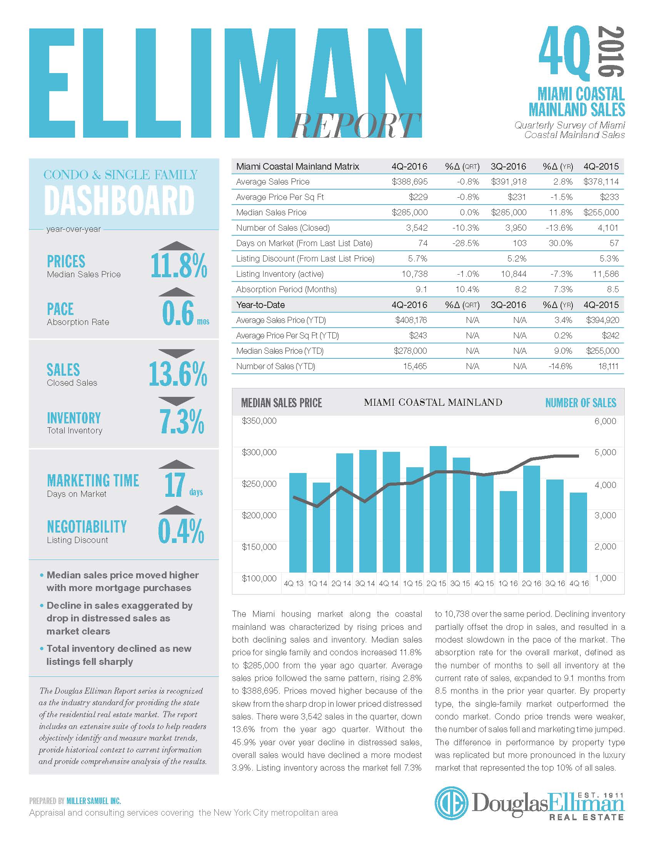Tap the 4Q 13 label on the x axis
tap(293, 583)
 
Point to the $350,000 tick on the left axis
tap(259, 421)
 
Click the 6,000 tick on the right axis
tap(605, 421)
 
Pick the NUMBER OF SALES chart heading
tap(581, 403)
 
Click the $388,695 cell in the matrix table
tap(410, 182)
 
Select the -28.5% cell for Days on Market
tap(465, 243)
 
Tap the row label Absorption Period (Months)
tap(286, 289)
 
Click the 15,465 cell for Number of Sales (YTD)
tap(415, 366)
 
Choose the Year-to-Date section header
tap(260, 305)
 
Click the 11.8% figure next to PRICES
tap(179, 266)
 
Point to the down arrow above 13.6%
tap(177, 353)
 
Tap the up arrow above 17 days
tap(177, 464)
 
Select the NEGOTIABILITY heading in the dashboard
tap(87, 527)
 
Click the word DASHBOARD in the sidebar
tap(119, 200)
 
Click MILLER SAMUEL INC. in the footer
tap(94, 801)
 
